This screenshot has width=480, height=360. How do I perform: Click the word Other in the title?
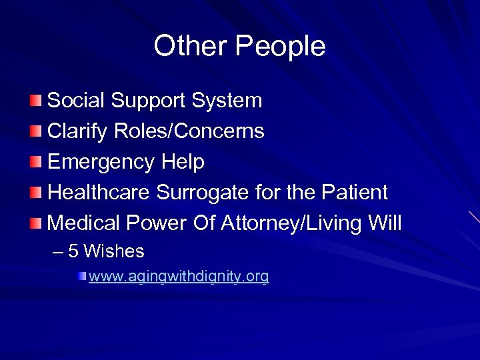[191, 46]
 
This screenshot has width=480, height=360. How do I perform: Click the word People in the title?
[281, 47]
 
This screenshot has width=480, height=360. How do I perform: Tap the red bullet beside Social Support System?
[36, 101]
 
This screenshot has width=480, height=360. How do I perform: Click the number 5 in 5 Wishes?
[73, 251]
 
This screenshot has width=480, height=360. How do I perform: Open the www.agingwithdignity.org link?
[179, 277]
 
